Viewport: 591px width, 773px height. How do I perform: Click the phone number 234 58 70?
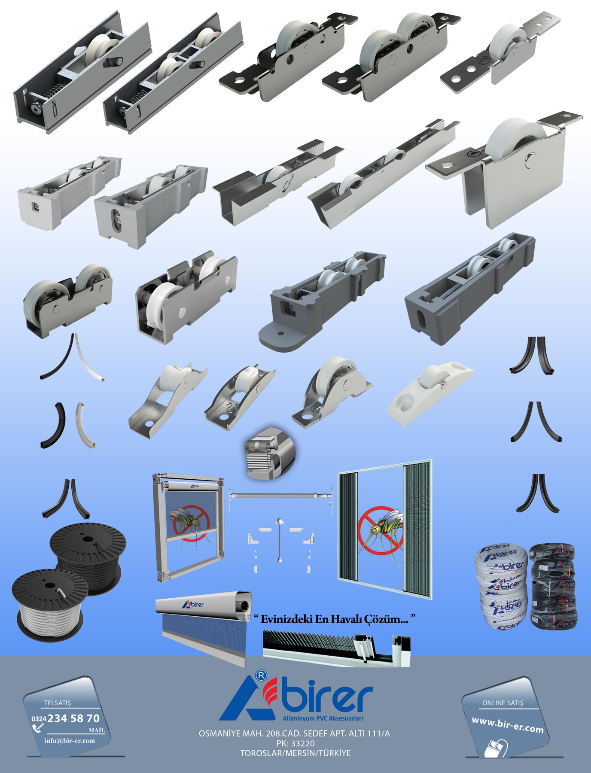[73, 718]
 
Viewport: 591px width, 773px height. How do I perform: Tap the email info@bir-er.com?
[69, 740]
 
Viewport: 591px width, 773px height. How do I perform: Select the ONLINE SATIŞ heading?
[503, 703]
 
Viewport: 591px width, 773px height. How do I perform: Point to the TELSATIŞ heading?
[58, 703]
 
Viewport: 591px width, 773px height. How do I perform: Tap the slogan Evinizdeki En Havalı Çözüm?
[334, 619]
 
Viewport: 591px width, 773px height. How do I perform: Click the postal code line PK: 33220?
[295, 743]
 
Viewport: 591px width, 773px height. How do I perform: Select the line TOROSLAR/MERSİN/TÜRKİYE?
[295, 753]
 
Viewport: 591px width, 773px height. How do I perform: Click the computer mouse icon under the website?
[496, 748]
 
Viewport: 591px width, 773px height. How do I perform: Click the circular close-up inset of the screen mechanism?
[270, 453]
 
